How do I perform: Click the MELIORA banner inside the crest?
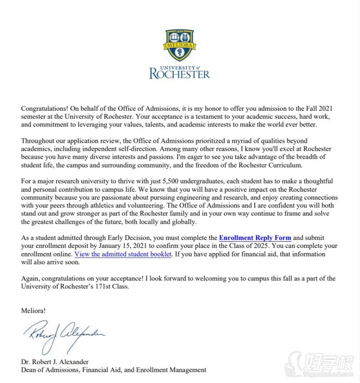pos(180,45)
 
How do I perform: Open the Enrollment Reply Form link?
pos(255,238)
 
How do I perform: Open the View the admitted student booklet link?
pos(123,254)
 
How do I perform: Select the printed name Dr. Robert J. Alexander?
pos(54,362)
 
